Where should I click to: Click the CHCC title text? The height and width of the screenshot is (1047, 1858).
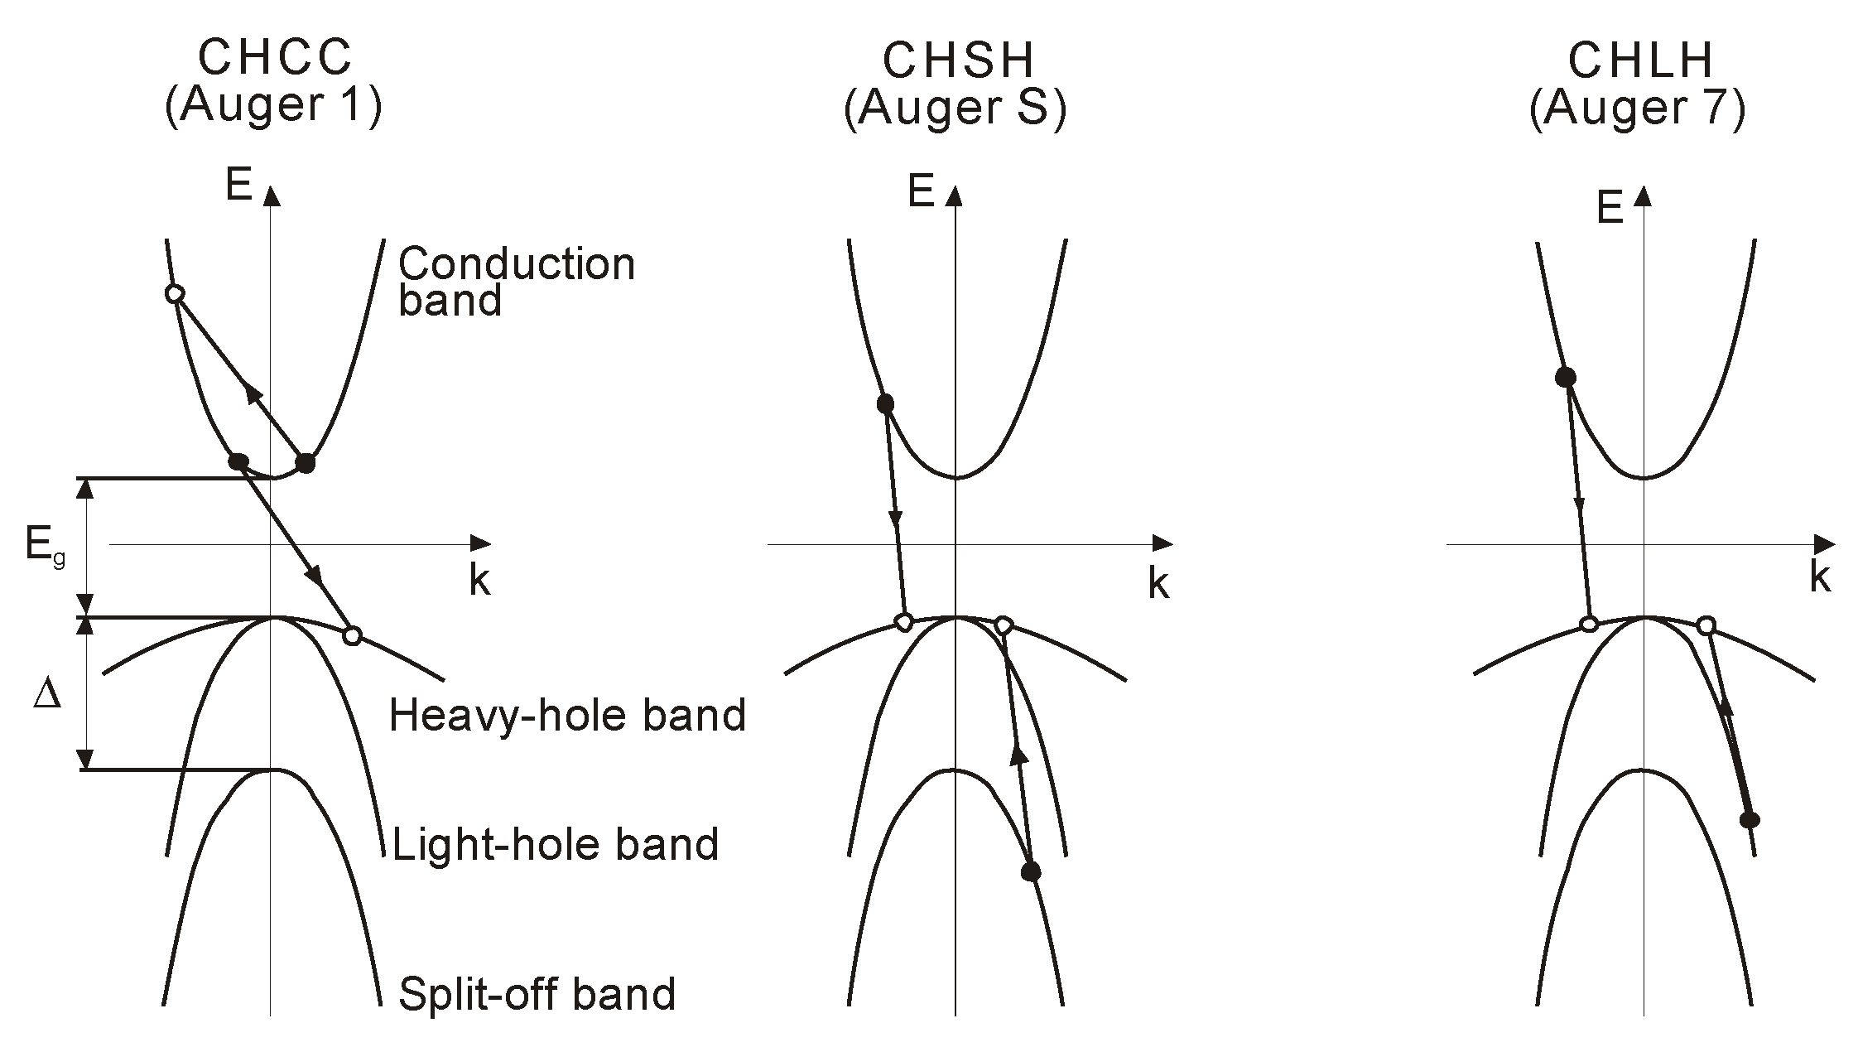275,58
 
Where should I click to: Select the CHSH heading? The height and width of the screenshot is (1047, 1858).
959,60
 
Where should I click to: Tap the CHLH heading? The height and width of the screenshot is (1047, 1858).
1640,60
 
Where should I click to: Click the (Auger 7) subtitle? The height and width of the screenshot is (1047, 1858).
1638,109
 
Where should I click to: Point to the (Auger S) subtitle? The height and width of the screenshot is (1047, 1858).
955,109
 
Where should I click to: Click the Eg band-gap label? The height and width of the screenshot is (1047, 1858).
44,547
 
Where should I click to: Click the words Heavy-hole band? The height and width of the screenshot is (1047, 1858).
567,715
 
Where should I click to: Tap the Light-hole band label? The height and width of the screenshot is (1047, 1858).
555,845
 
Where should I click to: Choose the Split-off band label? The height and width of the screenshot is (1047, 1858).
537,993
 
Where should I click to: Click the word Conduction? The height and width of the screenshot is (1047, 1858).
517,264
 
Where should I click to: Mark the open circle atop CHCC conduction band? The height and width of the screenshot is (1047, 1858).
174,294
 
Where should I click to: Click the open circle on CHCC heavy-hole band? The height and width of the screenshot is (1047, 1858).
352,636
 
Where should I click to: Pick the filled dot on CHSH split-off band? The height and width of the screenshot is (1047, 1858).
1031,871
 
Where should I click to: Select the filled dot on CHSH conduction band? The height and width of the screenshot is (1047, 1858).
885,403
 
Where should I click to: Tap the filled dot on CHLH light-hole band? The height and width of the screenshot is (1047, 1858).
1750,820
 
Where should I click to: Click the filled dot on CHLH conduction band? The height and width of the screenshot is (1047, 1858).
1566,378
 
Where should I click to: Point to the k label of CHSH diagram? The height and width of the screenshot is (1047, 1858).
1158,585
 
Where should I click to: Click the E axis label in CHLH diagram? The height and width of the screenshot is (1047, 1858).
1610,210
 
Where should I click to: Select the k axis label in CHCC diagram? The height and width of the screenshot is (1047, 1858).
479,581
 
